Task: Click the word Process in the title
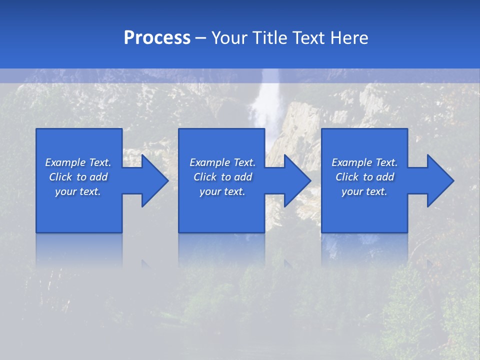point(157,38)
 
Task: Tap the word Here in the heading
point(348,38)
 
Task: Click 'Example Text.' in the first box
point(78,162)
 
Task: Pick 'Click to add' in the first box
point(78,177)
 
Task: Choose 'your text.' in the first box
point(78,191)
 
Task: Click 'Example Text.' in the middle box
point(222,162)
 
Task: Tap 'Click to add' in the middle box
point(222,177)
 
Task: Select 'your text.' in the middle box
point(222,191)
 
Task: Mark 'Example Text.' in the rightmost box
point(364,162)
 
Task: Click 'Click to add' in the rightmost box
point(364,177)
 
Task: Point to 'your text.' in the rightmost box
point(364,191)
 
